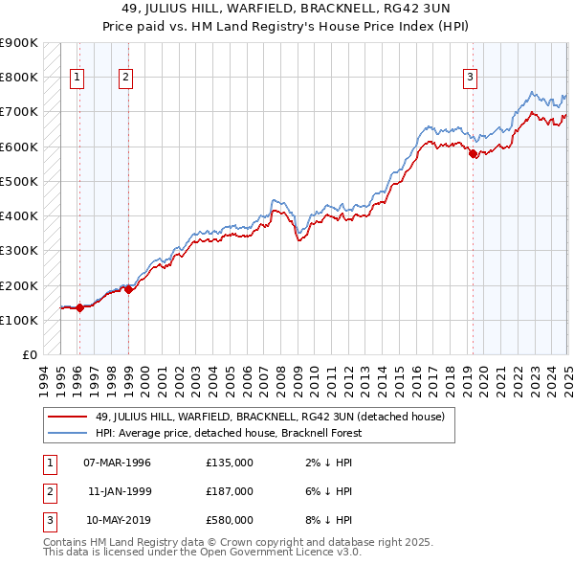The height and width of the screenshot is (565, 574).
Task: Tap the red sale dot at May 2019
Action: [473, 153]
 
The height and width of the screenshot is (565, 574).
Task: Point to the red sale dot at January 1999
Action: [129, 289]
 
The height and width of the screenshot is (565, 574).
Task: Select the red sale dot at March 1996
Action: [79, 307]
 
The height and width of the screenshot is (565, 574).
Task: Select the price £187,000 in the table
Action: [230, 491]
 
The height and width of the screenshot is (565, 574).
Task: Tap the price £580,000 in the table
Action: [230, 520]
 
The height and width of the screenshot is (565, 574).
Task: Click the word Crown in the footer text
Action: [198, 542]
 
